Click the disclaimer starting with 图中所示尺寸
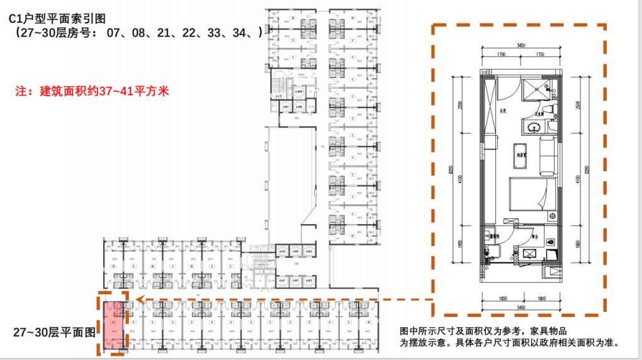tap(510, 337)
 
